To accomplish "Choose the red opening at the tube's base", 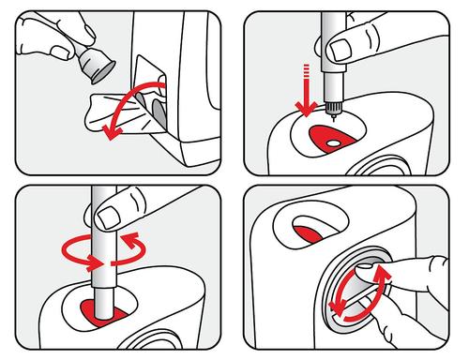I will pos(100,307).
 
